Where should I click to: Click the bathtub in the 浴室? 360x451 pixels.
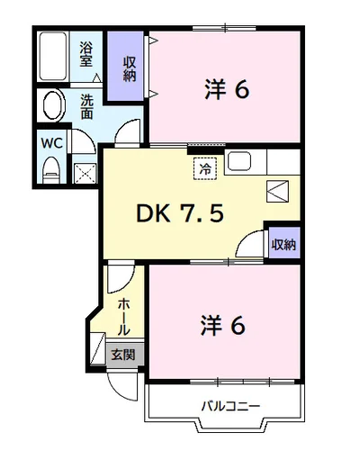53,57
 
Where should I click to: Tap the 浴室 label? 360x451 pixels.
85,54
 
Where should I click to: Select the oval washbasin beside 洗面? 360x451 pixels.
54,105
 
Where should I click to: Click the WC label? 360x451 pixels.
52,143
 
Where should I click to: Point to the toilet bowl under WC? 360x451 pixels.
51,170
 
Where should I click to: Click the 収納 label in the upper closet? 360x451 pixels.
130,69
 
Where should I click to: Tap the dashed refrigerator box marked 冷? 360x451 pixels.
205,168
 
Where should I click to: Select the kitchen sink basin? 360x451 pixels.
239,161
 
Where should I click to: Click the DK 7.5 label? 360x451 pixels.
180,213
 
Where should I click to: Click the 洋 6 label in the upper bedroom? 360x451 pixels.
227,89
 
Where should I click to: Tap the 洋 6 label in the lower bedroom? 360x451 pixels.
223,325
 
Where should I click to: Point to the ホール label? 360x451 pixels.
123,317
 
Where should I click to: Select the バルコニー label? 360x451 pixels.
230,407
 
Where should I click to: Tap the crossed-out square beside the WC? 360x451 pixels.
85,173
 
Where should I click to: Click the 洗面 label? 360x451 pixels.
86,107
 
